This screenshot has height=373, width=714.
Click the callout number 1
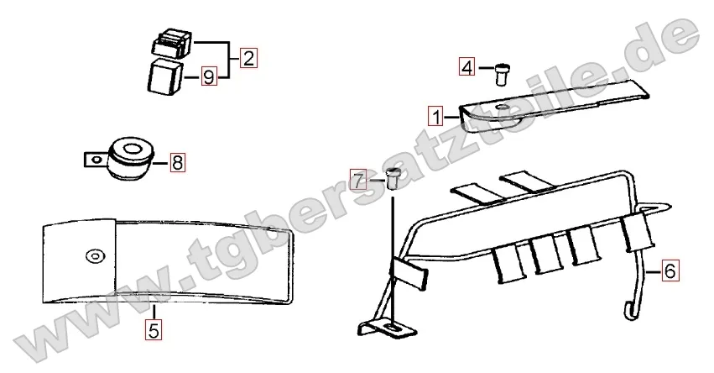(x=436, y=117)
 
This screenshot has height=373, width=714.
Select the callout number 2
(x=248, y=58)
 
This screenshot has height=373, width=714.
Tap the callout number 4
(x=467, y=67)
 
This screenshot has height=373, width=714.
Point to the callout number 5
(x=154, y=330)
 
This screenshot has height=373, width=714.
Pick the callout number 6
(x=670, y=271)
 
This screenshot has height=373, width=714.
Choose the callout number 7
(x=359, y=181)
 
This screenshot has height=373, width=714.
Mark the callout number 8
(x=178, y=162)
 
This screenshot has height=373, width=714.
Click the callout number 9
(x=209, y=76)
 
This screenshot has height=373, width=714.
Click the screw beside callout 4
(x=502, y=74)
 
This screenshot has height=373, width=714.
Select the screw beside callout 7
(x=393, y=178)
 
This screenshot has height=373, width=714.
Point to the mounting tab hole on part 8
(x=95, y=160)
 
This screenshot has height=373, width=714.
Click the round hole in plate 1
(x=503, y=108)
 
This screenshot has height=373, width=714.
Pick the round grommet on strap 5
(x=95, y=256)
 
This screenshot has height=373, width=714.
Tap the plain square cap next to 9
(x=164, y=77)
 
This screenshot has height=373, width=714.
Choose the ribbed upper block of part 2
(x=171, y=42)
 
